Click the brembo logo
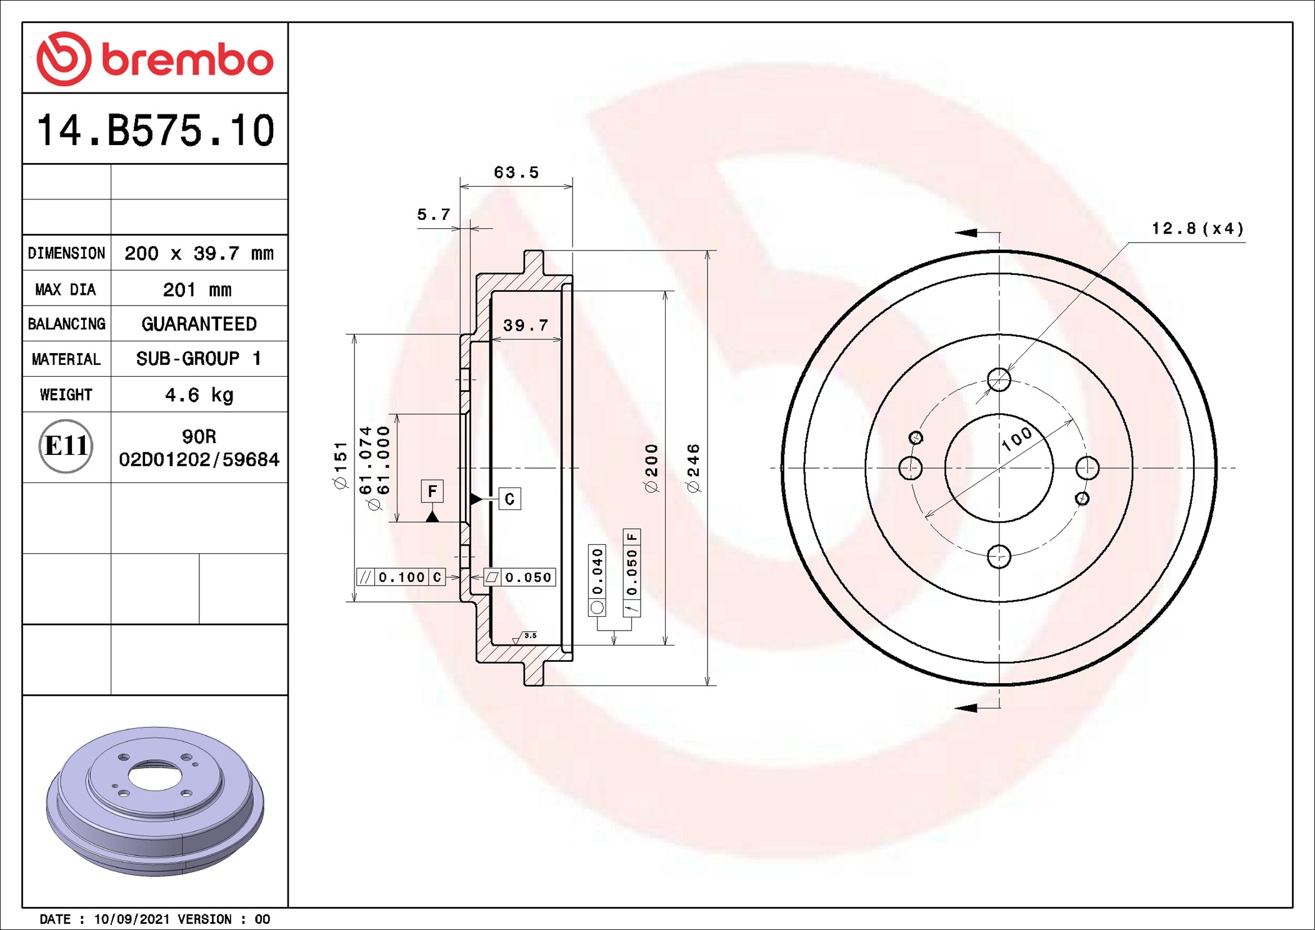(154, 59)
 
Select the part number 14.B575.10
(156, 130)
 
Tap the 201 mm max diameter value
(197, 289)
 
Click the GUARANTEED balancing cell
(199, 324)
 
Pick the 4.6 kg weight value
(199, 395)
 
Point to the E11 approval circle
(66, 446)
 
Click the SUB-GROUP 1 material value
(198, 359)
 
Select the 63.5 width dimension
(516, 172)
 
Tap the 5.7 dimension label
(434, 214)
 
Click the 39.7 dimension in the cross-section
(526, 325)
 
